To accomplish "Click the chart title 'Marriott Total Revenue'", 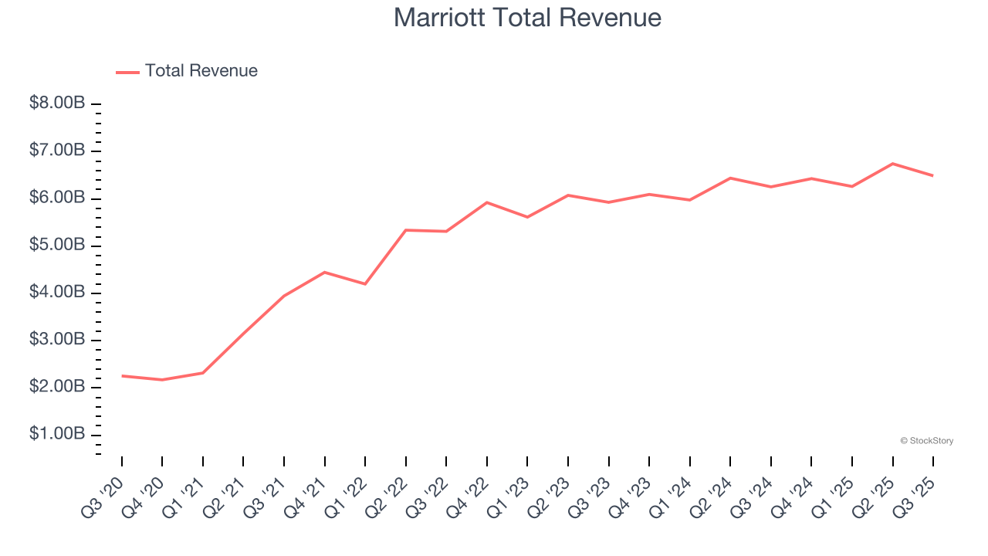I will (527, 18).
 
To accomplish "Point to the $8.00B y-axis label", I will (57, 103).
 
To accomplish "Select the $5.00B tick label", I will (57, 245).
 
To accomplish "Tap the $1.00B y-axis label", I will (57, 434).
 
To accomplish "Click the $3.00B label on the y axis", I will (57, 339).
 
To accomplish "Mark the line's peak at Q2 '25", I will (893, 164).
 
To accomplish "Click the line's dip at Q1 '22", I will (365, 284).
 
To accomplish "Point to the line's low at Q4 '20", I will (162, 380).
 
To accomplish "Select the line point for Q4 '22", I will (487, 202).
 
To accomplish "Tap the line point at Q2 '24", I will (730, 178).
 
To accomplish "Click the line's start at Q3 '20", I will (122, 376).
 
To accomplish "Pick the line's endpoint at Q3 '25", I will (933, 176).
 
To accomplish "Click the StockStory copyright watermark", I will (927, 441).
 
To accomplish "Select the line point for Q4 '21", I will (325, 273).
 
